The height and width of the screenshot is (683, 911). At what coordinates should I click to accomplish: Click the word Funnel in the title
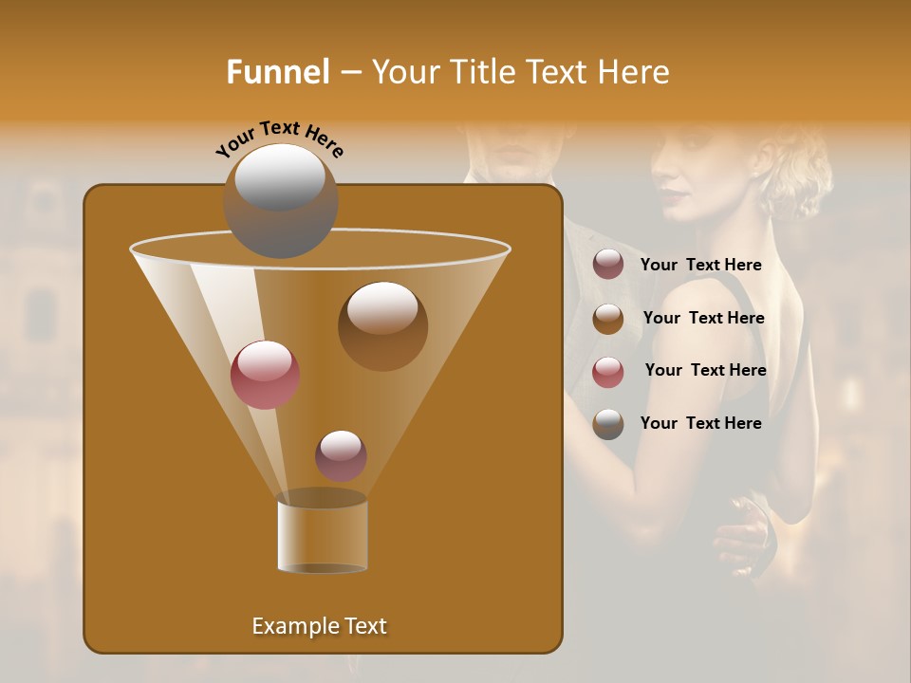click(277, 72)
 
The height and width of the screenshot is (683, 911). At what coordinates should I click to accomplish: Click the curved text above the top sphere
click(280, 138)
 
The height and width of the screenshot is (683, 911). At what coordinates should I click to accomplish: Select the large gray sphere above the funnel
click(280, 200)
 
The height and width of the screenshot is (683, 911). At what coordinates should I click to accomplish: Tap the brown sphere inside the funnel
click(382, 326)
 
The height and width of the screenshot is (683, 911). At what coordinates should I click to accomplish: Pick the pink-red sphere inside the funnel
click(265, 375)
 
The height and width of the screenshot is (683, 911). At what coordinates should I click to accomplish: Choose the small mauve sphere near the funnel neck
click(341, 455)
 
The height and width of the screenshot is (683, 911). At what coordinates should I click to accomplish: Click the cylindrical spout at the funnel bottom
click(322, 536)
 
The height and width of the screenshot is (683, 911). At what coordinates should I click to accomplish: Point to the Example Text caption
click(319, 626)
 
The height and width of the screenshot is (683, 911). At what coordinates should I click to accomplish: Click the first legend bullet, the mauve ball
click(608, 265)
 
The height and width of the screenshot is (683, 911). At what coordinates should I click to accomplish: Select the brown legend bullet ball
click(608, 319)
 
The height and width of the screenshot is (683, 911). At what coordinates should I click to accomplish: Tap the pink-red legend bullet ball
click(608, 372)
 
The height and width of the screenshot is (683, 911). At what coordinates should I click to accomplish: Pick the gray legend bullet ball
click(608, 424)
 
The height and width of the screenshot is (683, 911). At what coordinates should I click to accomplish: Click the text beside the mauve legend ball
click(700, 266)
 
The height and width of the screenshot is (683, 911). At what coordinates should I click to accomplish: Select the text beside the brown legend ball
click(703, 319)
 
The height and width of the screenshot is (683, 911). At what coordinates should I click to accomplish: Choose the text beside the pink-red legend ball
click(705, 371)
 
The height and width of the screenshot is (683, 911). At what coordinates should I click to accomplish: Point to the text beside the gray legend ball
click(700, 424)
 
